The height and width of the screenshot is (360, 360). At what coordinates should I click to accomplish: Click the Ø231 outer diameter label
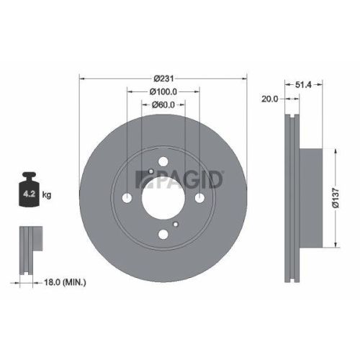pos(163,78)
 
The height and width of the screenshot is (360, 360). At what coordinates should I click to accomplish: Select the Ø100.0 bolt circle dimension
pos(163,91)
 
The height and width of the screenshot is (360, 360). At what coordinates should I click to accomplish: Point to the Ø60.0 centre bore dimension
pos(163,104)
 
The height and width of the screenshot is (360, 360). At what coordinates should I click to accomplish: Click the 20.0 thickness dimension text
pos(270,99)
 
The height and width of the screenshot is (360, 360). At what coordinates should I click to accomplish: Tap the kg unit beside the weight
pos(48,194)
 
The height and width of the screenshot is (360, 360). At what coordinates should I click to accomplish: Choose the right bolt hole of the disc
pos(198,197)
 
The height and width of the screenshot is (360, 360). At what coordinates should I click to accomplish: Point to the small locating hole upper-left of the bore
pos(149,172)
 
